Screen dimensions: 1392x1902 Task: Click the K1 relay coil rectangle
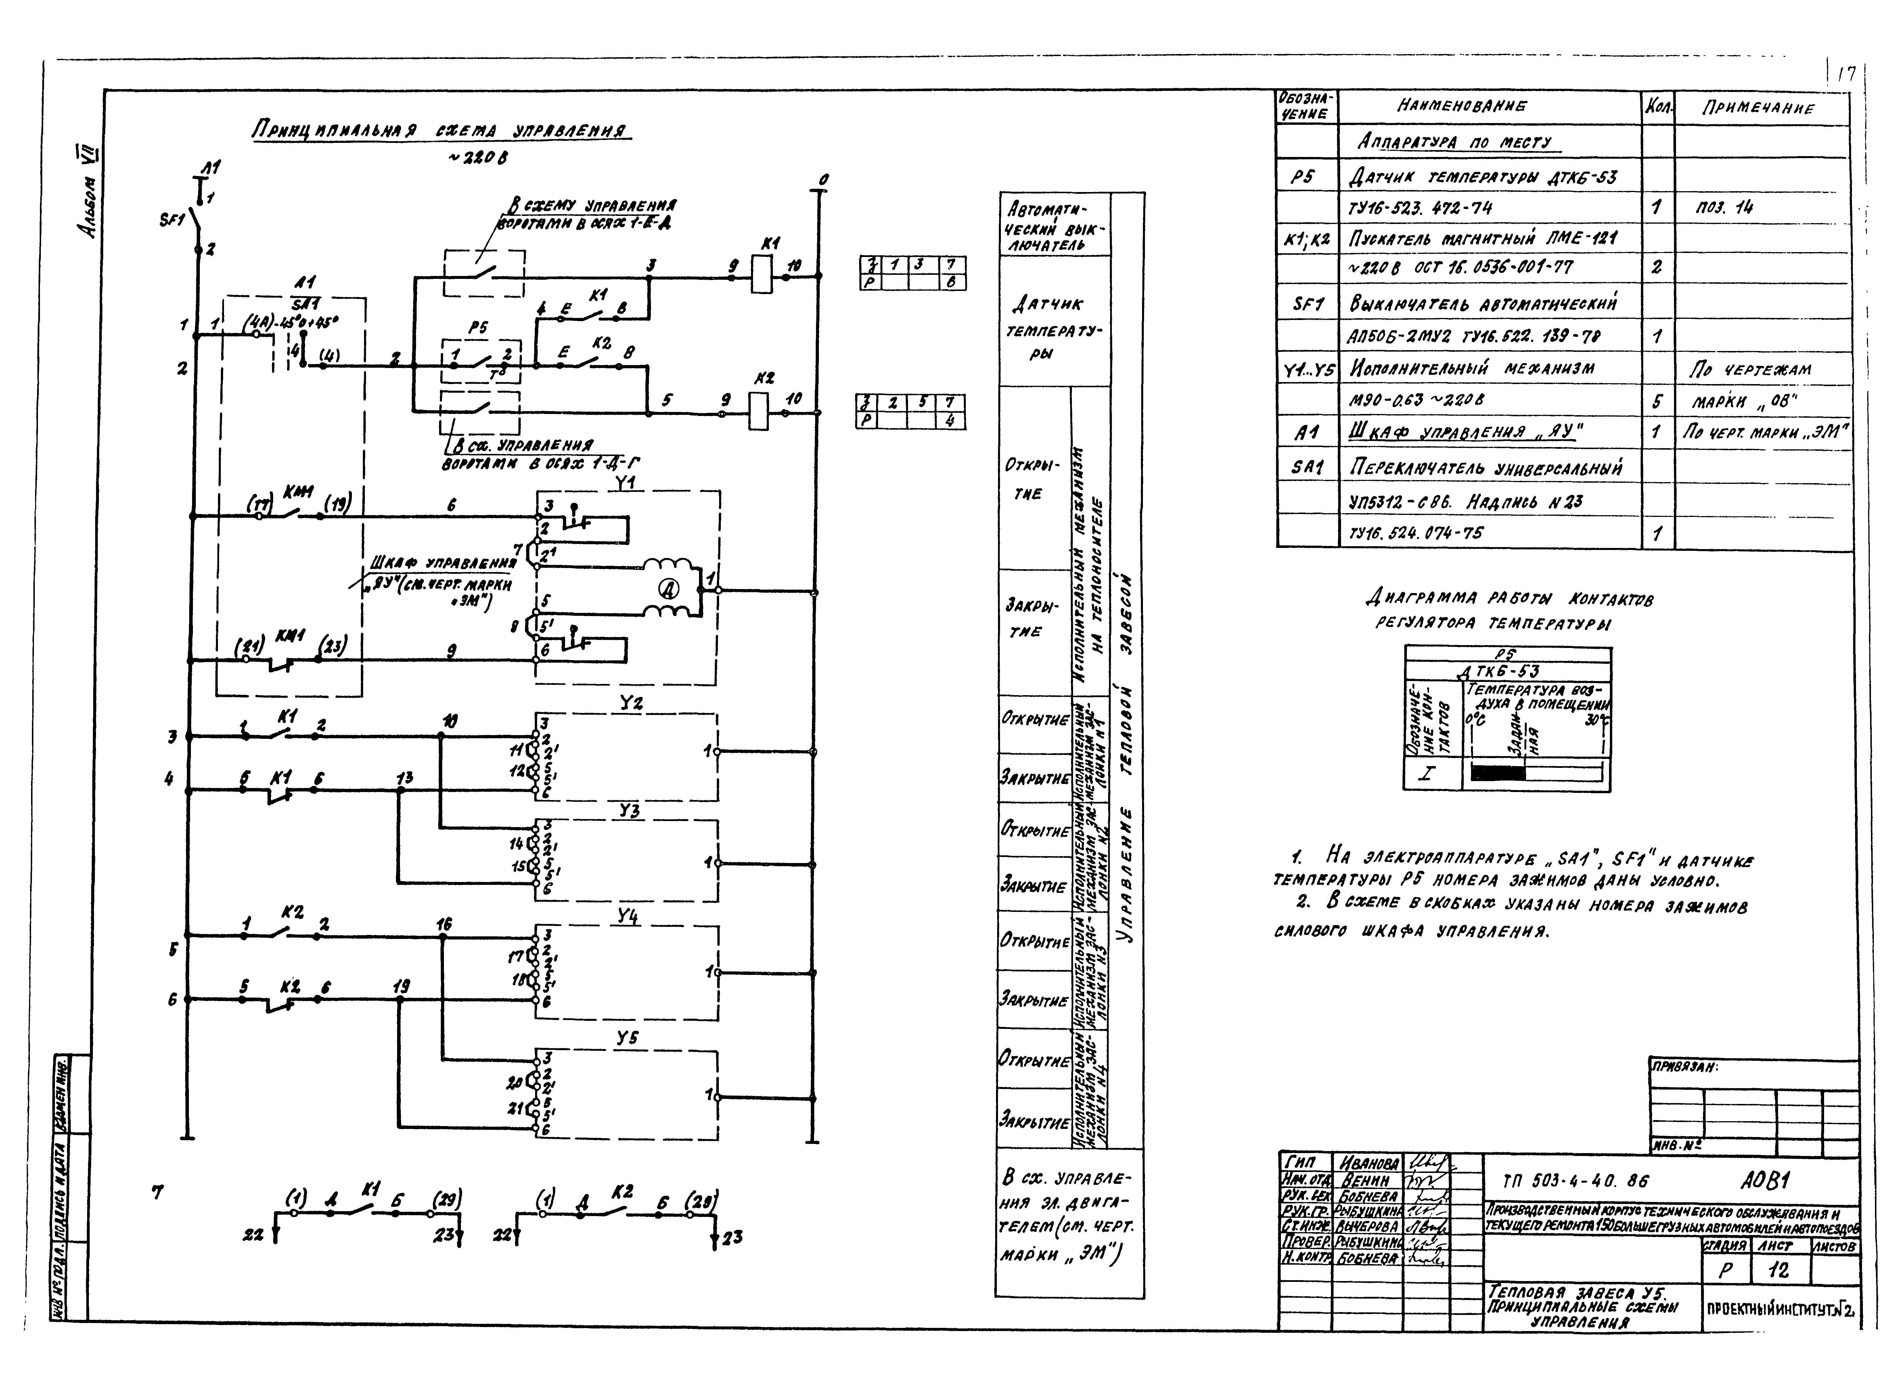pos(761,275)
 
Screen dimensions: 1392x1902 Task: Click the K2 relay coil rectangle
pos(761,413)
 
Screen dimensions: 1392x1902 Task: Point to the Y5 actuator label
pos(627,1038)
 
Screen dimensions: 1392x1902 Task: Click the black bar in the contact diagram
pos(1497,772)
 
